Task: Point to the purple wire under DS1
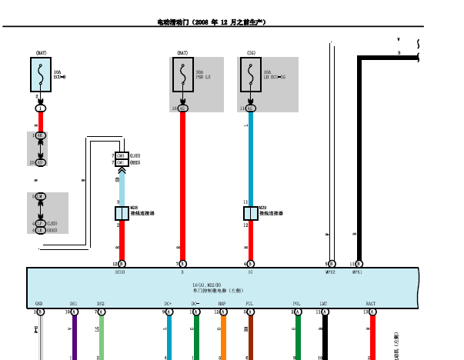(74, 338)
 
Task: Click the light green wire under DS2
(101, 338)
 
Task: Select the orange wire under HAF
(223, 338)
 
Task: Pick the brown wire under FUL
(249, 338)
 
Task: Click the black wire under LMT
(325, 338)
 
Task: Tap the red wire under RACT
(372, 338)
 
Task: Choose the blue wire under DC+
(169, 338)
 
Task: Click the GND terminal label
(38, 304)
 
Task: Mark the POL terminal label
(297, 304)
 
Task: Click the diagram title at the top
(212, 22)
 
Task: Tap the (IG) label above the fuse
(251, 53)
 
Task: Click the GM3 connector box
(120, 156)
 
